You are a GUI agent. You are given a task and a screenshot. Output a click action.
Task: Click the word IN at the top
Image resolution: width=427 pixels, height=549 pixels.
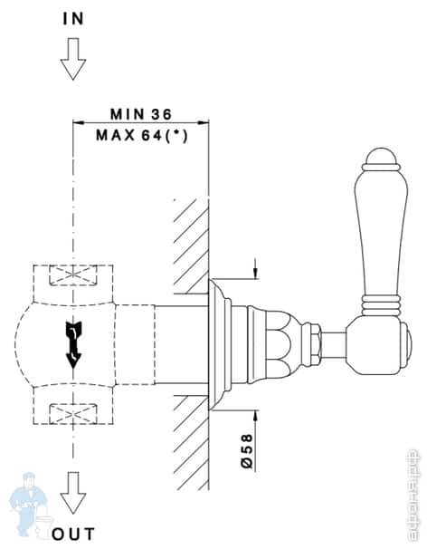point(71,17)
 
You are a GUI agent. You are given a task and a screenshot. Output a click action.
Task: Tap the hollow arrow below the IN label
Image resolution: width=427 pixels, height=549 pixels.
point(71,63)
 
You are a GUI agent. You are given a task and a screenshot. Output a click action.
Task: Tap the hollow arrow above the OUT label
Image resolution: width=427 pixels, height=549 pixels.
point(71,493)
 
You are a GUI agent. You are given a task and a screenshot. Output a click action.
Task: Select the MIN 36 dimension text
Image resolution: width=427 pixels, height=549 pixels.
point(140,114)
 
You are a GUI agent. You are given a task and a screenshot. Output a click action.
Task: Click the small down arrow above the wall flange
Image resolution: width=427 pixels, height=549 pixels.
point(257,271)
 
